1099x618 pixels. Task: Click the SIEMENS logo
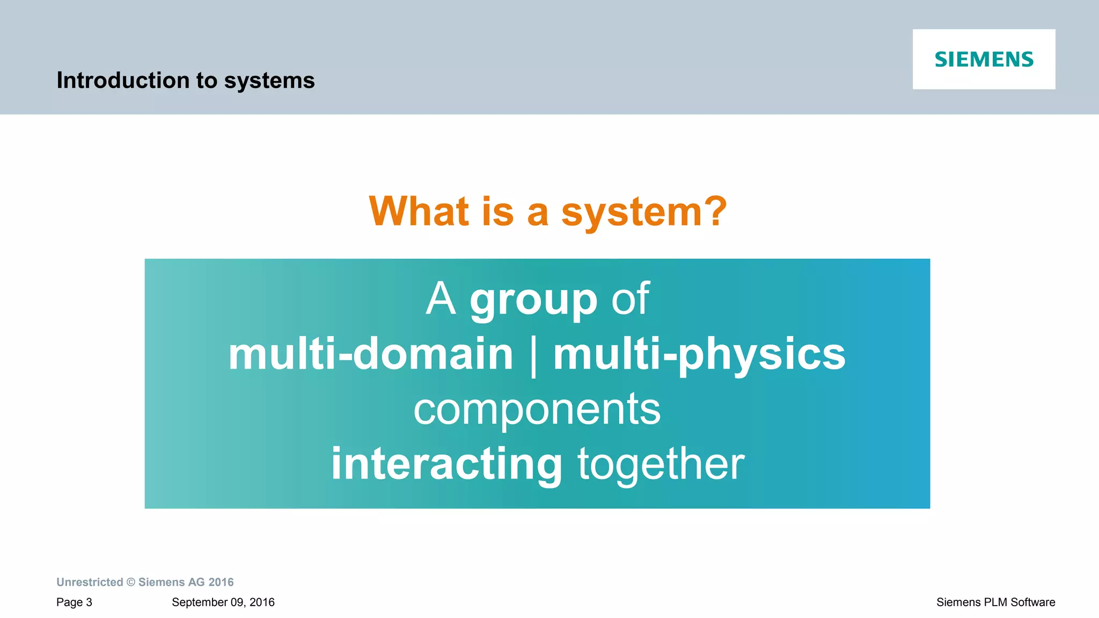(x=984, y=59)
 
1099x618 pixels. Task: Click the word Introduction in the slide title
(x=123, y=81)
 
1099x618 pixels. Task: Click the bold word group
(x=533, y=299)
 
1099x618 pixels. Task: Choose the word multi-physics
(x=699, y=355)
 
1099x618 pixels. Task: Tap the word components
(x=537, y=410)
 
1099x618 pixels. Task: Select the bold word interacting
(x=446, y=464)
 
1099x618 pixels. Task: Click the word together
(x=661, y=464)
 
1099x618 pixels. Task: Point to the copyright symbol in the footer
(x=131, y=582)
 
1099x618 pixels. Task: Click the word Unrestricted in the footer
(x=90, y=582)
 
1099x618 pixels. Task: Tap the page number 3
(x=89, y=602)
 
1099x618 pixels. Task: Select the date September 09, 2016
(x=223, y=602)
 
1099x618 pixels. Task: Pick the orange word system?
(x=644, y=212)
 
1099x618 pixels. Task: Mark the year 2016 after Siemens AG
(x=221, y=582)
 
